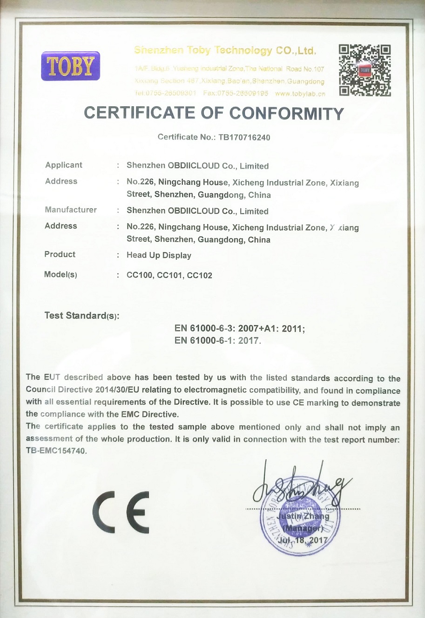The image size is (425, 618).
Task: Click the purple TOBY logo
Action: click(x=70, y=66)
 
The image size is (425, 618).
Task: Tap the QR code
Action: click(x=364, y=70)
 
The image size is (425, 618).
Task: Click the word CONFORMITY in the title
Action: click(x=286, y=113)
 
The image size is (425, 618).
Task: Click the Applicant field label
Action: click(x=64, y=165)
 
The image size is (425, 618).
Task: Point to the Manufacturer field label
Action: click(x=71, y=210)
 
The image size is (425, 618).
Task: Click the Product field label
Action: click(x=60, y=254)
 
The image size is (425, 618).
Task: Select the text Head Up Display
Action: click(x=159, y=255)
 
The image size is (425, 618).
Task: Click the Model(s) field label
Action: click(x=61, y=274)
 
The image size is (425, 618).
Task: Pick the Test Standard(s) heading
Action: click(x=81, y=316)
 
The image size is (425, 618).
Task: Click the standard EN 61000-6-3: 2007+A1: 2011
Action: click(x=240, y=328)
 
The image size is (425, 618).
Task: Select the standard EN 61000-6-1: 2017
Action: click(x=217, y=340)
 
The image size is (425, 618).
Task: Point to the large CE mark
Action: click(x=121, y=512)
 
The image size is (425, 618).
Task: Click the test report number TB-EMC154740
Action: click(x=56, y=451)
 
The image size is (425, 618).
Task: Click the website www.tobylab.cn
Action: click(x=300, y=93)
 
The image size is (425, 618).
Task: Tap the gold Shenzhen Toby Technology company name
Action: click(x=225, y=50)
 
